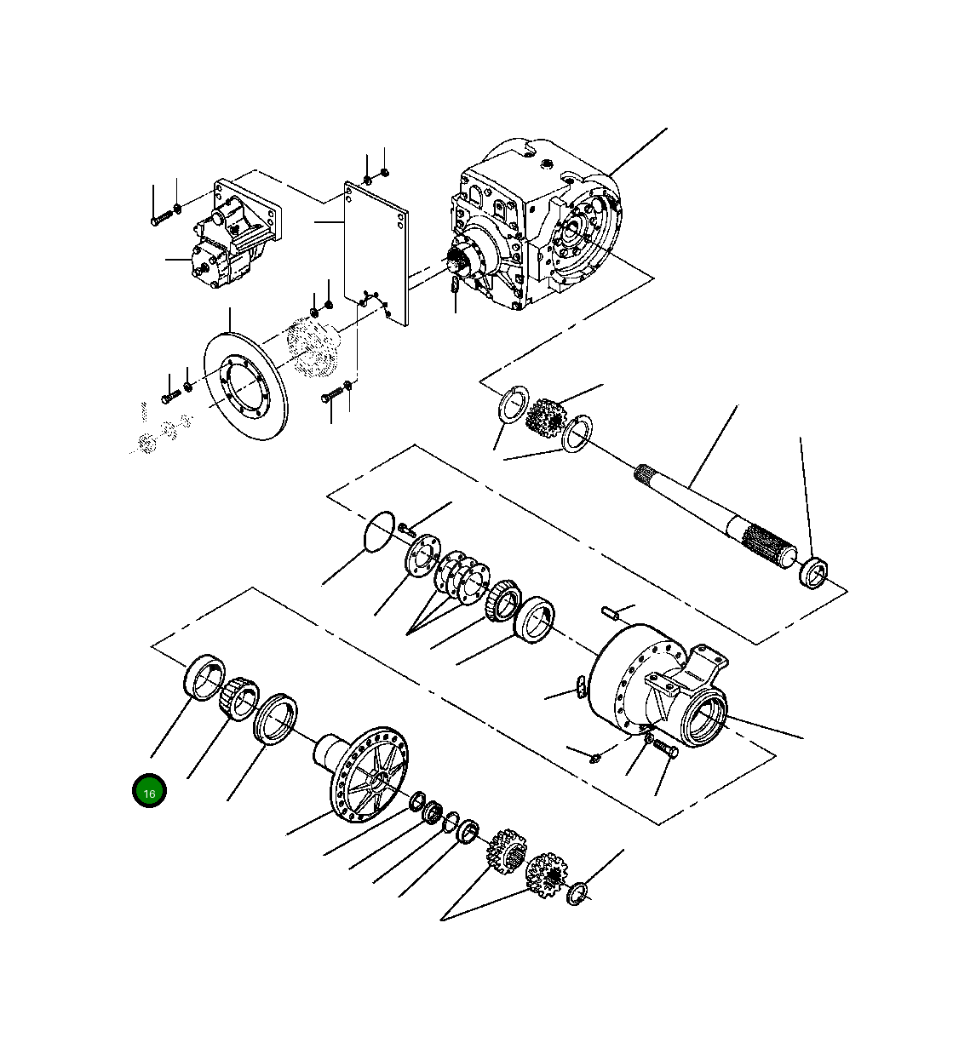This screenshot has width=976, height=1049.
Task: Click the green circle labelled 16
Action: click(x=149, y=791)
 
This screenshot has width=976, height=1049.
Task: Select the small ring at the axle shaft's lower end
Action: click(x=814, y=571)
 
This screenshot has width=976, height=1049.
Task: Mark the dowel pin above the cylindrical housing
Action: click(x=609, y=611)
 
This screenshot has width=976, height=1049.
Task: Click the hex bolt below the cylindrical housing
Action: click(x=663, y=748)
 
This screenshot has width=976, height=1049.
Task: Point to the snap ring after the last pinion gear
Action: click(x=578, y=892)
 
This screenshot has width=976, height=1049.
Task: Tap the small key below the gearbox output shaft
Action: click(x=456, y=286)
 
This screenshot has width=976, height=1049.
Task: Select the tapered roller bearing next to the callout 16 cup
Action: click(x=238, y=696)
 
